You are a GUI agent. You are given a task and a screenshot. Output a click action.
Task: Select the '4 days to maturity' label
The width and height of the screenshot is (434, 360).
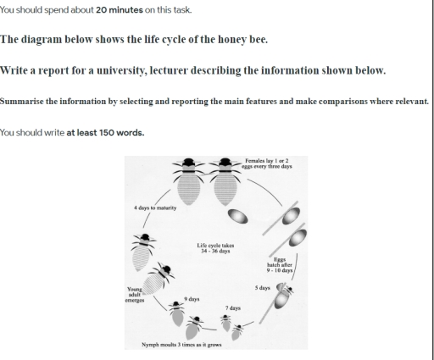click(154, 208)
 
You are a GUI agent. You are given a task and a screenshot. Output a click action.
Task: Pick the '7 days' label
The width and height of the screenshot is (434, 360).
click(231, 307)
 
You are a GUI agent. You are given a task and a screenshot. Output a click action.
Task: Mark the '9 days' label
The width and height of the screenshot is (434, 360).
click(192, 299)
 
